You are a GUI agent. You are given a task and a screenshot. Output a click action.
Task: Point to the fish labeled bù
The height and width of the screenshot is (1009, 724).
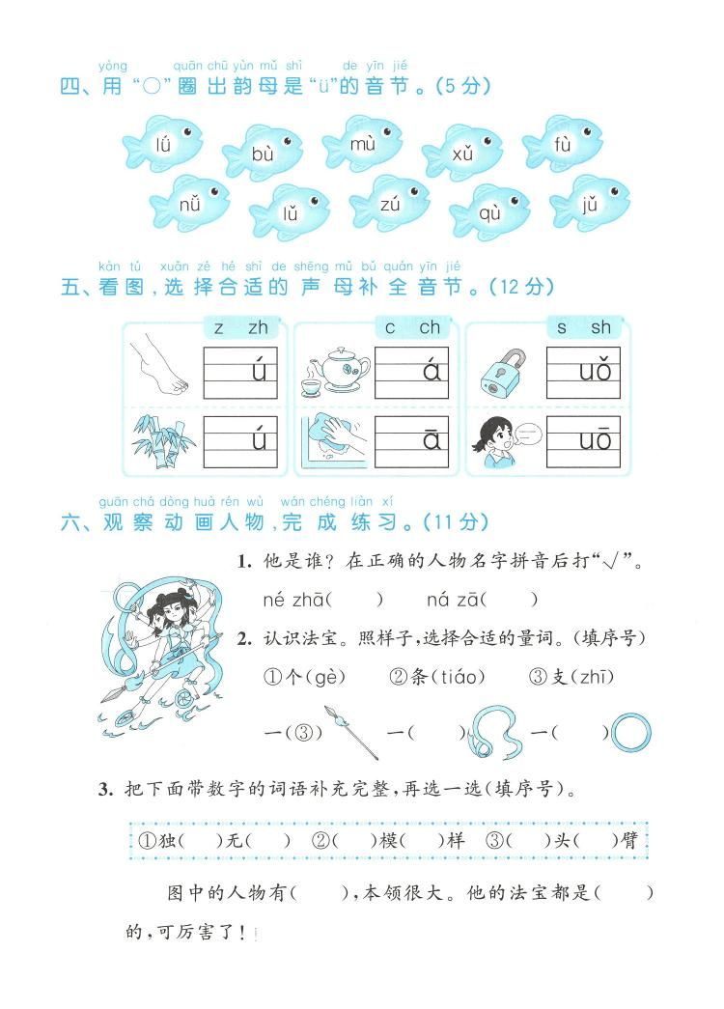[264, 153]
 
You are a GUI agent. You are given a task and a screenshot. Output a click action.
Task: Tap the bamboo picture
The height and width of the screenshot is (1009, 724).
[159, 441]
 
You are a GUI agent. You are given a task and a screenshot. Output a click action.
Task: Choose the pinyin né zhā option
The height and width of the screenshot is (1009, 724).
[294, 600]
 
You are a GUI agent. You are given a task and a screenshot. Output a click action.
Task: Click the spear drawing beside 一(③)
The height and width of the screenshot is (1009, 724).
[355, 730]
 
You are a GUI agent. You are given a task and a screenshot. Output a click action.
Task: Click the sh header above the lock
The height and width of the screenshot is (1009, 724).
[600, 327]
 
